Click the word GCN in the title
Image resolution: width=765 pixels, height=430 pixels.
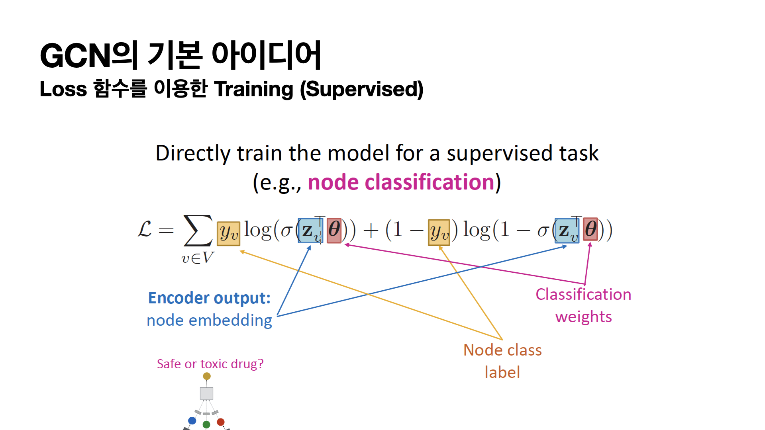pos(75,56)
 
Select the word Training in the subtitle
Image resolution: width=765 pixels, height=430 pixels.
pos(254,89)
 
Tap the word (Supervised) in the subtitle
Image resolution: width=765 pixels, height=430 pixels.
pos(361,89)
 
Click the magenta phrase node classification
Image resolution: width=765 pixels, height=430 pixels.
pos(401,182)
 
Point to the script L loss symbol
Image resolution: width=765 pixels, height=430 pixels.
pos(145,229)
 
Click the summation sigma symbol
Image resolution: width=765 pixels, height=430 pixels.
pos(198,231)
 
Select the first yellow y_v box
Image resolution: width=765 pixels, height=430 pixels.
pos(229,234)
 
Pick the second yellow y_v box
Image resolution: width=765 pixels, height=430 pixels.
pos(439,232)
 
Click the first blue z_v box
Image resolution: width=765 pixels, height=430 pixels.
pos(311,231)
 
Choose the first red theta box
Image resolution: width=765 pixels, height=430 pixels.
pos(334,230)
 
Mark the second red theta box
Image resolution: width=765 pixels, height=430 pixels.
pos(590,229)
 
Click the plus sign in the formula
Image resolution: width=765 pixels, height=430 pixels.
pos(371,231)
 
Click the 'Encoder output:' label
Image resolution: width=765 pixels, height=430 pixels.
pos(209,298)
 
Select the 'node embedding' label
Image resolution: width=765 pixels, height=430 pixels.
pos(209,320)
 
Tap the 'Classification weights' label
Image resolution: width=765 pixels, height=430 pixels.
pos(583,305)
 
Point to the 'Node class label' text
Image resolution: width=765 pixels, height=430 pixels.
pos(502,361)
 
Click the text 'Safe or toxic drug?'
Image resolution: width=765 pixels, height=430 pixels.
pos(210,364)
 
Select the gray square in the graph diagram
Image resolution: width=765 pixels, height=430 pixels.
pos(206,393)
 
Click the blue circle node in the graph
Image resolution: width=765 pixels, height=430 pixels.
pos(192,420)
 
